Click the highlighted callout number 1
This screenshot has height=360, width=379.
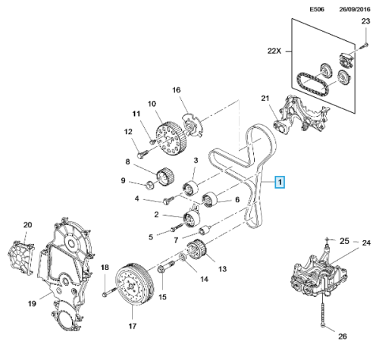pyautogui.click(x=280, y=182)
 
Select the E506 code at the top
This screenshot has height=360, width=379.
pyautogui.click(x=317, y=9)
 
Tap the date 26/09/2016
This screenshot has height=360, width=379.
pyautogui.click(x=355, y=9)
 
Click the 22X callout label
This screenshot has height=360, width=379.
pyautogui.click(x=274, y=51)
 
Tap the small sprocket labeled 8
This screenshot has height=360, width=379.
pyautogui.click(x=166, y=177)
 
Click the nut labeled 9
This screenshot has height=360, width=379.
pyautogui.click(x=150, y=184)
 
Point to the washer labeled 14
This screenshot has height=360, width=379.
pyautogui.click(x=183, y=258)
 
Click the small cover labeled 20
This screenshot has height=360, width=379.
pyautogui.click(x=21, y=257)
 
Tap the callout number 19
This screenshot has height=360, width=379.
pyautogui.click(x=32, y=303)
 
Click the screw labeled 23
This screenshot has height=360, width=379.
pyautogui.click(x=365, y=45)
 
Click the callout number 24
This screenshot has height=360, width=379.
pyautogui.click(x=366, y=243)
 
